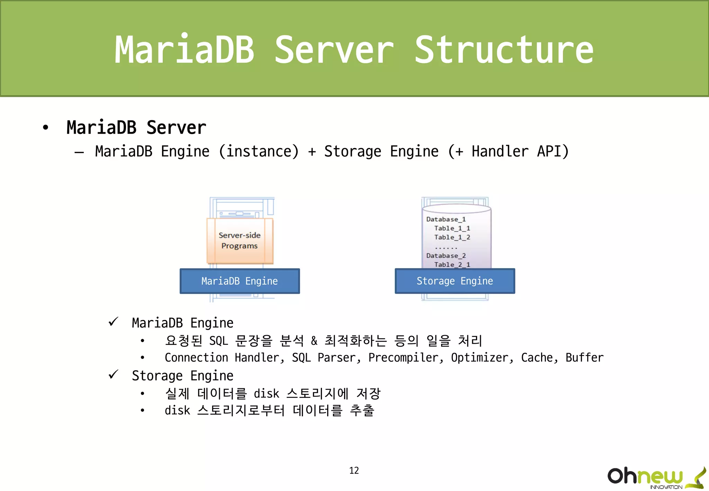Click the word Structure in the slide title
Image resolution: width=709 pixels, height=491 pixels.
pyautogui.click(x=504, y=50)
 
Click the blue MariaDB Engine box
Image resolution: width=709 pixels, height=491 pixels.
pyautogui.click(x=240, y=281)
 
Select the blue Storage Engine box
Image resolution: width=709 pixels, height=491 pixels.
pyautogui.click(x=455, y=281)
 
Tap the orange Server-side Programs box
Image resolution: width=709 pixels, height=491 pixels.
pyautogui.click(x=240, y=240)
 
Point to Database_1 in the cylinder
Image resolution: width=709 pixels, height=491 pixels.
pyautogui.click(x=446, y=219)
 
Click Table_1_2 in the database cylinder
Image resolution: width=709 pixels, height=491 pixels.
pyautogui.click(x=452, y=237)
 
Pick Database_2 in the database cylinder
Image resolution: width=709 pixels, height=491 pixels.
pyautogui.click(x=446, y=256)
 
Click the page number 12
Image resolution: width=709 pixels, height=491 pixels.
pyautogui.click(x=354, y=470)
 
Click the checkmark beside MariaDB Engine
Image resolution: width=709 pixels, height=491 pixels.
pyautogui.click(x=113, y=322)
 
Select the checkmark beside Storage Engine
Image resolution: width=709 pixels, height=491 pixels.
pyautogui.click(x=113, y=374)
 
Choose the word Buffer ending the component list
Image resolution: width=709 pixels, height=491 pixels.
pyautogui.click(x=584, y=358)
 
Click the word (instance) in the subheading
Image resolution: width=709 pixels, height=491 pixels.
pyautogui.click(x=259, y=152)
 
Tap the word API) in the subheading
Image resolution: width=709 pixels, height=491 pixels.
pyautogui.click(x=553, y=152)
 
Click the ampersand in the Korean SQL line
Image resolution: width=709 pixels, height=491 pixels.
pyautogui.click(x=314, y=341)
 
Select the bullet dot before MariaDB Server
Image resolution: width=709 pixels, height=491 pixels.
pyautogui.click(x=45, y=127)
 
